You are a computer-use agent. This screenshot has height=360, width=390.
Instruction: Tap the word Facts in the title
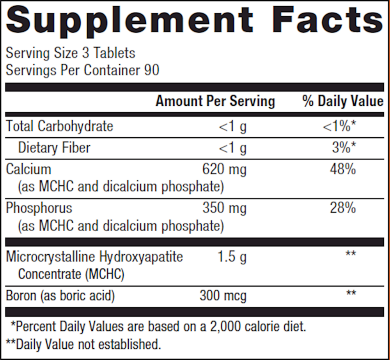(328, 20)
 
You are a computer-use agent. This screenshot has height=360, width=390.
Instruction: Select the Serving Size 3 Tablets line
(71, 53)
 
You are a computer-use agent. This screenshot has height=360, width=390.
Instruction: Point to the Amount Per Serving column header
(215, 101)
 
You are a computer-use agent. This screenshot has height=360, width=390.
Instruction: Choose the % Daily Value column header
(343, 101)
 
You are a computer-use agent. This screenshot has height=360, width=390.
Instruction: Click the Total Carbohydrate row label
(59, 126)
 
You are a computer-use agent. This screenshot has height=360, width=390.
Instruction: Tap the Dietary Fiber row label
(54, 148)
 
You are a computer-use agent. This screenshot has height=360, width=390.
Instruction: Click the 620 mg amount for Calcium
(224, 170)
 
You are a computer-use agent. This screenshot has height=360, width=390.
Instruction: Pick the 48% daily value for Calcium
(343, 170)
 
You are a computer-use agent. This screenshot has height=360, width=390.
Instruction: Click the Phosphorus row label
(39, 208)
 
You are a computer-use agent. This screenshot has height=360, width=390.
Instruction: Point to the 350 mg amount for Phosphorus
(224, 208)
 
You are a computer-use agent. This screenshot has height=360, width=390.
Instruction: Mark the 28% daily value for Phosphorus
(343, 208)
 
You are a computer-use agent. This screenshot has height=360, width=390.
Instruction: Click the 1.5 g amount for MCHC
(231, 257)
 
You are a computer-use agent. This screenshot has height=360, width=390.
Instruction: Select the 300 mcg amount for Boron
(223, 296)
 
